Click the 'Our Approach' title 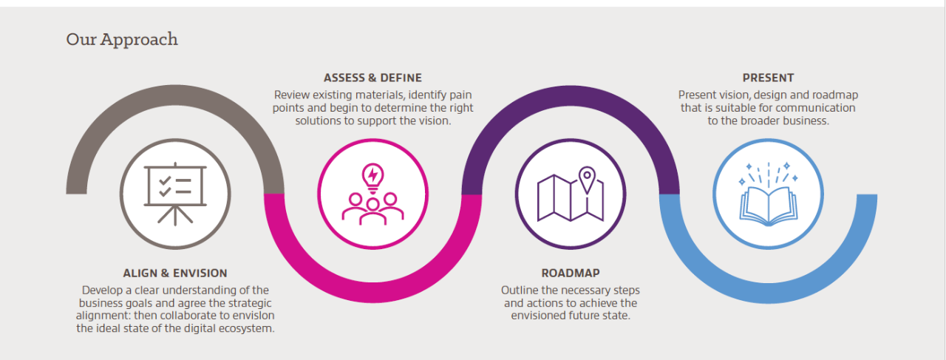tap(122, 39)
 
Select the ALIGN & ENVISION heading tap(175, 274)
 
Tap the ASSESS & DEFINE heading tap(372, 78)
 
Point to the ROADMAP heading tap(570, 274)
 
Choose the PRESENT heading tap(768, 78)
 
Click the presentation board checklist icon tap(175, 193)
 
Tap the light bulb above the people tap(372, 176)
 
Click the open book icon tap(769, 204)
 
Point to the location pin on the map tap(587, 178)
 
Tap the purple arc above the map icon tap(570, 96)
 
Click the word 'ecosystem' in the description tap(245, 328)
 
